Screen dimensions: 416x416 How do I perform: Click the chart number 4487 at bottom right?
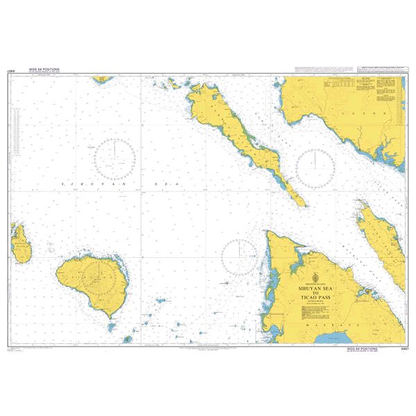pos(401,350)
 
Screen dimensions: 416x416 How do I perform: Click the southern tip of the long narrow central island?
pos(302,203)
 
